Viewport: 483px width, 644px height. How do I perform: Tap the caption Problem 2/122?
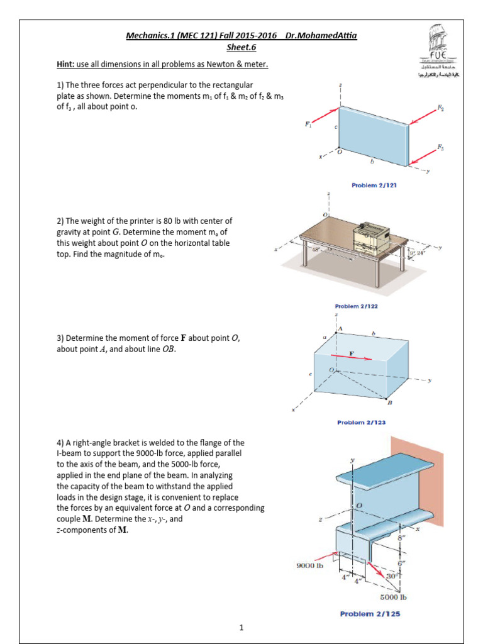[356, 307]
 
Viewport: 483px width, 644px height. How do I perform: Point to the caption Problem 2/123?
[362, 423]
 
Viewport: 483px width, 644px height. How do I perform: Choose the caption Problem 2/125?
[370, 614]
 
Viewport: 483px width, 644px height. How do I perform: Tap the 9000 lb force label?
[309, 565]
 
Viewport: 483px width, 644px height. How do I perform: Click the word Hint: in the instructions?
[65, 65]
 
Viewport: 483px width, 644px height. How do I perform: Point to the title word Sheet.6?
[241, 47]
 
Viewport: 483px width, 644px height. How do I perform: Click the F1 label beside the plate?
[308, 125]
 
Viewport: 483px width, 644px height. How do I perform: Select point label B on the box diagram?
[389, 402]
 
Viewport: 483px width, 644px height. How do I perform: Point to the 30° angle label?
[391, 576]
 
